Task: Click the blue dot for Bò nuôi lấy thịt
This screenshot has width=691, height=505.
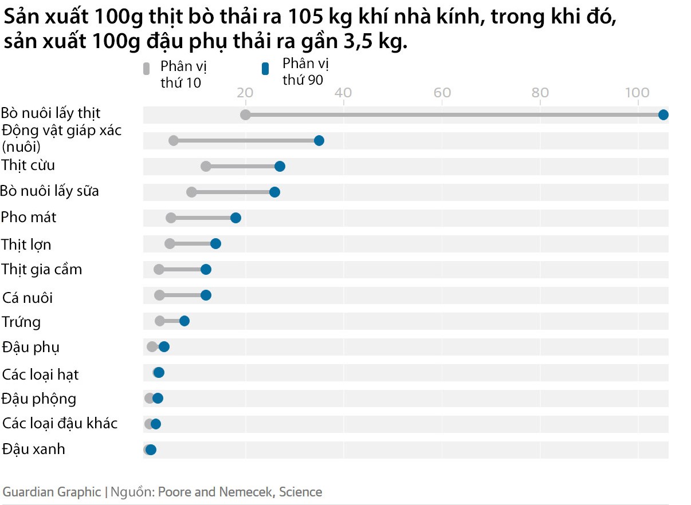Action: (663, 115)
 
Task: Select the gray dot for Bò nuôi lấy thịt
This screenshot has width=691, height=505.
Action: (245, 115)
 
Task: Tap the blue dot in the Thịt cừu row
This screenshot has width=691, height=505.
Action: (280, 166)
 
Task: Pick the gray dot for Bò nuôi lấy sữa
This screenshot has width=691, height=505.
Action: (191, 192)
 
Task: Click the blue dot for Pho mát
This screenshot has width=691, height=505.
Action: (235, 218)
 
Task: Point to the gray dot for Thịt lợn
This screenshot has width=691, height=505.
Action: (170, 243)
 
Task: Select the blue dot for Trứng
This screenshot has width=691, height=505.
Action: (184, 321)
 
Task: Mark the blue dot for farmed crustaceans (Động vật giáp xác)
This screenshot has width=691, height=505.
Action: (319, 140)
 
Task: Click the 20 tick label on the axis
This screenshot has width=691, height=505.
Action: (245, 93)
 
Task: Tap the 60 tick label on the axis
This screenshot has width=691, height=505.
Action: (442, 93)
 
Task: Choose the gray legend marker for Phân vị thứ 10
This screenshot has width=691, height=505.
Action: (146, 69)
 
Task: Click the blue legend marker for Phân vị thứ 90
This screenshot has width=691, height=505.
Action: (265, 69)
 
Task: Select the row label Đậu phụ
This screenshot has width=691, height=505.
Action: (31, 347)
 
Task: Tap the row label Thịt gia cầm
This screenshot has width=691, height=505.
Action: (42, 269)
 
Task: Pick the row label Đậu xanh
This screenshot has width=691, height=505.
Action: (34, 449)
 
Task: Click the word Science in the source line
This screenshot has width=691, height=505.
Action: (300, 492)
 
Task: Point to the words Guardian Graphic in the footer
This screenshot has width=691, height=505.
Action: (52, 492)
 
